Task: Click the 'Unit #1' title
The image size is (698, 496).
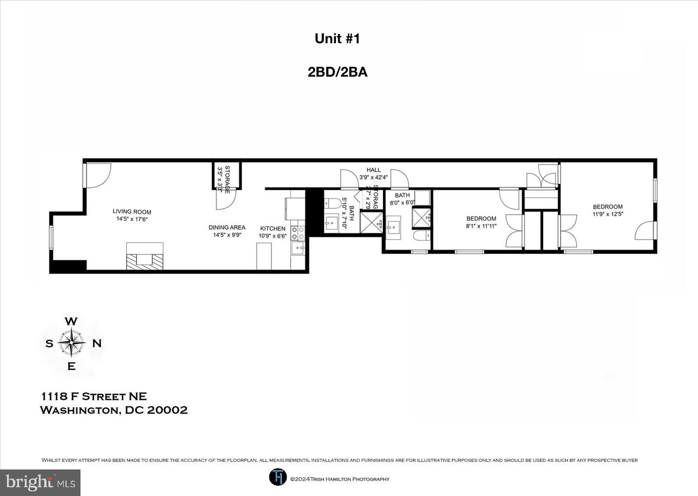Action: tap(337, 39)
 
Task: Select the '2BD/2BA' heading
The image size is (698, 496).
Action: tap(337, 72)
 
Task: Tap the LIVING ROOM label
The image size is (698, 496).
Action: tap(132, 212)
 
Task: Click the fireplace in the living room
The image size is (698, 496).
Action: tap(144, 257)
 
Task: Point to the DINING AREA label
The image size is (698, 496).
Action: tap(227, 227)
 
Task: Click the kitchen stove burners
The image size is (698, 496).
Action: tap(298, 233)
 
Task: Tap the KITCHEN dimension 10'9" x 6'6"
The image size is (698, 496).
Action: tap(272, 236)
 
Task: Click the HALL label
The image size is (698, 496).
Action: tap(374, 170)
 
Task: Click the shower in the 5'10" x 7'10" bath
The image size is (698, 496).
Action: tap(371, 223)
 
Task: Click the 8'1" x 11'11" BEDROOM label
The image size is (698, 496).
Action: tap(481, 219)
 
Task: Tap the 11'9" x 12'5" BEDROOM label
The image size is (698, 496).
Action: tap(607, 207)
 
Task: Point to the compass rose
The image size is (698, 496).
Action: tap(71, 343)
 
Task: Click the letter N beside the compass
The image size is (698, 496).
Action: tap(97, 343)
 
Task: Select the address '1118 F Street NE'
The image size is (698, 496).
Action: tap(94, 397)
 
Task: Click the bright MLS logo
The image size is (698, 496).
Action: tap(40, 482)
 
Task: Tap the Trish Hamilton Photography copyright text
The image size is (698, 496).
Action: tap(339, 479)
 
